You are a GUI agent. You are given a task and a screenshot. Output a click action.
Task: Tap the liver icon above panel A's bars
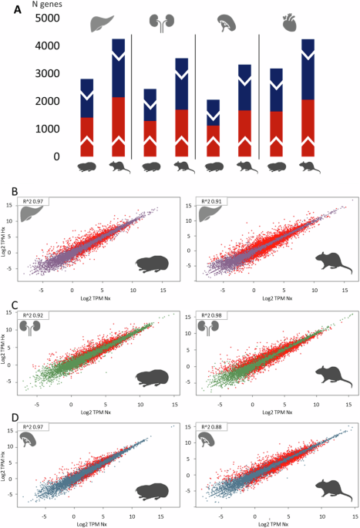[100, 23]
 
